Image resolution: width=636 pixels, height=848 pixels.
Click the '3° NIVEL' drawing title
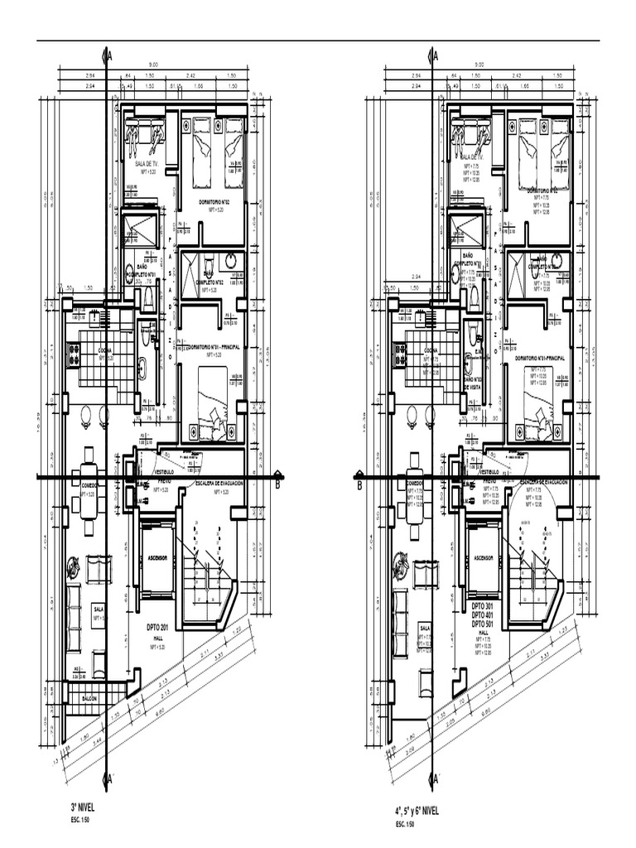click(x=84, y=805)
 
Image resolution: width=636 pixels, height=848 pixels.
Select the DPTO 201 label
click(x=163, y=627)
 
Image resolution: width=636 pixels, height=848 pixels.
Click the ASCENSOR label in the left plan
click(x=157, y=559)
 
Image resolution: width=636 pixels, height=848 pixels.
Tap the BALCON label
click(x=89, y=699)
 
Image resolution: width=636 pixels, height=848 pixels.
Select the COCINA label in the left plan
click(x=105, y=350)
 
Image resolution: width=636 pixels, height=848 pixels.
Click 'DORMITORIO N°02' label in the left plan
click(x=214, y=201)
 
